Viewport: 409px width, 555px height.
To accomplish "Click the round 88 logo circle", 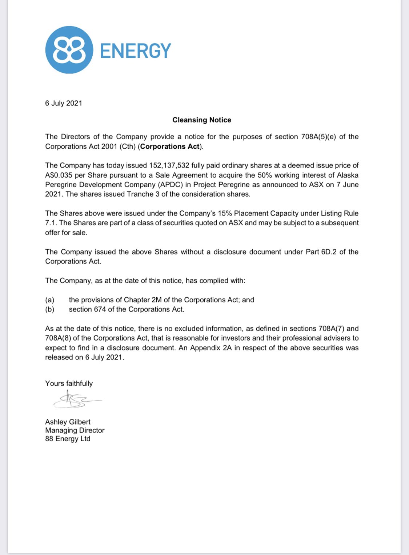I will [69, 50].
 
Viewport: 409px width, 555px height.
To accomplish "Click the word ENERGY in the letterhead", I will [135, 51].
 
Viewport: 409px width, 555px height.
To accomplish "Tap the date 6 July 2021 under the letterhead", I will [64, 103].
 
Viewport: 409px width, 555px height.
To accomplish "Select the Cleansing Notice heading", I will [202, 120].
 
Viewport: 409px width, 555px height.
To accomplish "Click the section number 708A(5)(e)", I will [318, 137].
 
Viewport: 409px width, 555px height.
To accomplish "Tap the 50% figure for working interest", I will [265, 175].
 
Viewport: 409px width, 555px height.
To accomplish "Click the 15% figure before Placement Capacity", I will [225, 213].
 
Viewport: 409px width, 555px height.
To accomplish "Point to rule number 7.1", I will [51, 223].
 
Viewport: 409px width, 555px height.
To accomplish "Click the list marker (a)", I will [50, 300].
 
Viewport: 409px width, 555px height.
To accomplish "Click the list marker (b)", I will [50, 309].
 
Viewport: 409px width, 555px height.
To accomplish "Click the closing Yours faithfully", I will [69, 383].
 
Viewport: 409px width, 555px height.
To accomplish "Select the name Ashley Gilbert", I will [68, 422].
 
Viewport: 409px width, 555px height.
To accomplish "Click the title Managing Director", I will [75, 430].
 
